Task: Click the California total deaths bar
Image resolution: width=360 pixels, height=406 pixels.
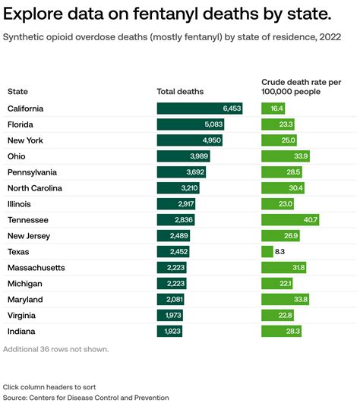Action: point(200,109)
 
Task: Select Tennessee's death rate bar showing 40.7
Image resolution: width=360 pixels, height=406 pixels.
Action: point(289,220)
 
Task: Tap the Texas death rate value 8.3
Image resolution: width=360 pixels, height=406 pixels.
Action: point(279,252)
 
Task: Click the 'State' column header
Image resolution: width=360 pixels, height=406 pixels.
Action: point(17,92)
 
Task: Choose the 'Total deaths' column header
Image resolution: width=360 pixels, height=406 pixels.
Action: point(180,92)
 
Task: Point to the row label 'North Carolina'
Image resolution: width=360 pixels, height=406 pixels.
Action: point(35,188)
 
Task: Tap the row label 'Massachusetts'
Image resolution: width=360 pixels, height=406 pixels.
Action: point(36,268)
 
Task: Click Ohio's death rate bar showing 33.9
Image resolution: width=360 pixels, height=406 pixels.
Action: point(286,156)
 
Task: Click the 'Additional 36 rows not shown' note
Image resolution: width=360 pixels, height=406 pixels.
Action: point(56,349)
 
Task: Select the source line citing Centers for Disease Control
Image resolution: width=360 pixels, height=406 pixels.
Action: point(86,398)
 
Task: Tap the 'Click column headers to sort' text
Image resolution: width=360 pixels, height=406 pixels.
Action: point(49,387)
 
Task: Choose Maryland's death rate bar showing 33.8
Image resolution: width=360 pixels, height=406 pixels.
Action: point(286,300)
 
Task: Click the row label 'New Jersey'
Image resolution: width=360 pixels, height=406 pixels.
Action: point(29,236)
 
